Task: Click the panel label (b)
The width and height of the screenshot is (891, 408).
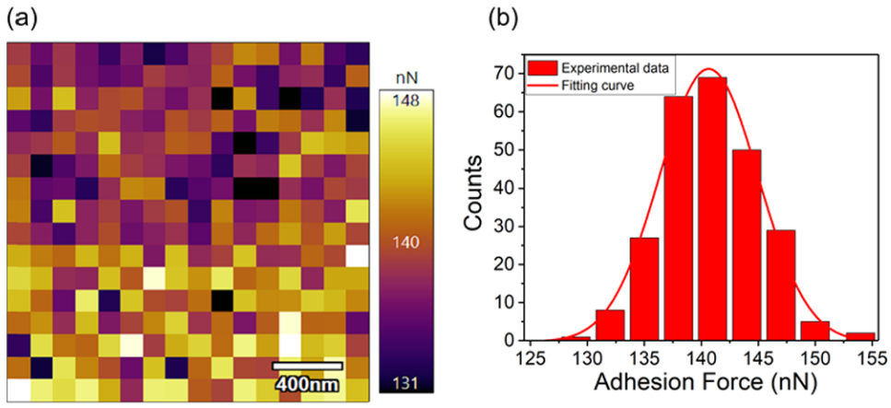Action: click(479, 18)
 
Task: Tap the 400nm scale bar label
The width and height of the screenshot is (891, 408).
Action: click(308, 380)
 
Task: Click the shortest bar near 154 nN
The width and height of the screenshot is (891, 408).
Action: click(862, 336)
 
